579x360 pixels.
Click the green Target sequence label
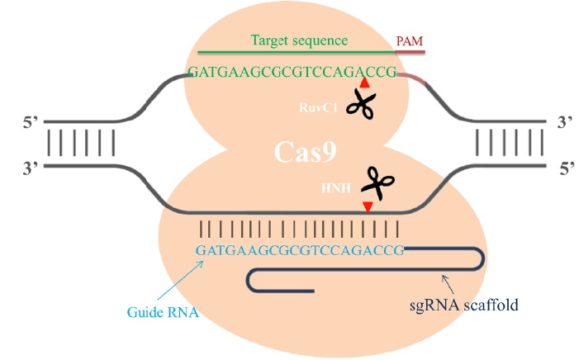[x=299, y=40]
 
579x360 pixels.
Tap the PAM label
[x=411, y=40]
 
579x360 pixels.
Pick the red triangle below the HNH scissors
[x=368, y=206]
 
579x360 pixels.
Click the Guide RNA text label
[x=161, y=312]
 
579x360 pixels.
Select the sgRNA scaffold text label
[x=464, y=305]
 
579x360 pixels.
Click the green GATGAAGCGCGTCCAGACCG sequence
[x=292, y=72]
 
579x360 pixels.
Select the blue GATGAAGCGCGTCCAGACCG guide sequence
[x=299, y=249]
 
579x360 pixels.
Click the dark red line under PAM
[x=411, y=52]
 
